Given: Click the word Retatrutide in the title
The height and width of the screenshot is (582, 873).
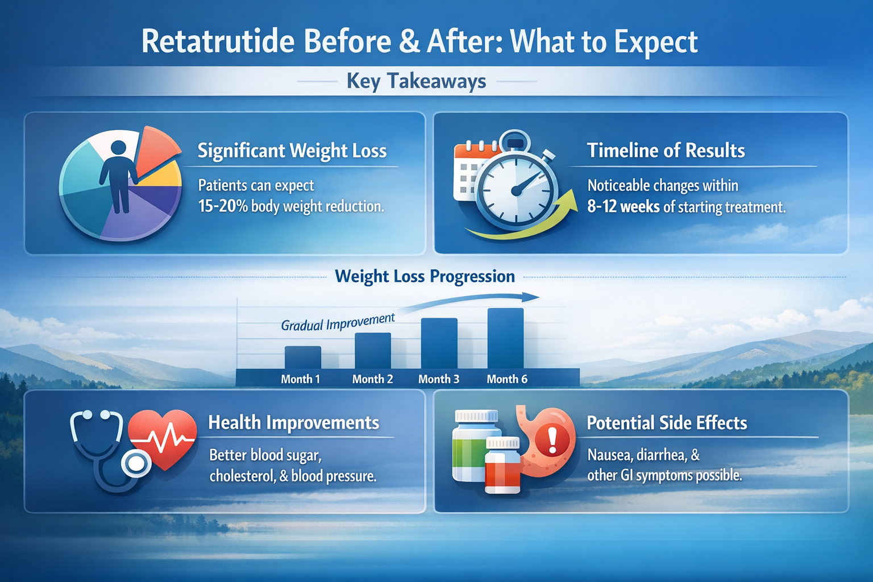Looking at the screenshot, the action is pos(218,42).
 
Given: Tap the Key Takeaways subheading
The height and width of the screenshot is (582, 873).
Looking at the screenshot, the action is pos(416,81).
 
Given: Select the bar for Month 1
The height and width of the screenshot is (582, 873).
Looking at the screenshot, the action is pos(302,357).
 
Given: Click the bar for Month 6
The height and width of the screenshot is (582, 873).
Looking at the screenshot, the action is pos(505,338).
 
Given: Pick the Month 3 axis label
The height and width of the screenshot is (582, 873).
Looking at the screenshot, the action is pos(438,379).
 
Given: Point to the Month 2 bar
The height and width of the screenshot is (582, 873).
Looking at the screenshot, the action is pos(372,351).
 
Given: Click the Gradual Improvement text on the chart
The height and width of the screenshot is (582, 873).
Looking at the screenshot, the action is pos(338,322).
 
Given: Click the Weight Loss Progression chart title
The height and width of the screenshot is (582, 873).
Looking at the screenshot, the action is pos(425,277).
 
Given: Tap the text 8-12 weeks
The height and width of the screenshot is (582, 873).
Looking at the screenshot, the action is pos(623,207).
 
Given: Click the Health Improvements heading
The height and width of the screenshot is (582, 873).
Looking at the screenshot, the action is pos(293,423).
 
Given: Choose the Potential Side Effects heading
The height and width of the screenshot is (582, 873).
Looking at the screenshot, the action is pos(666,423).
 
